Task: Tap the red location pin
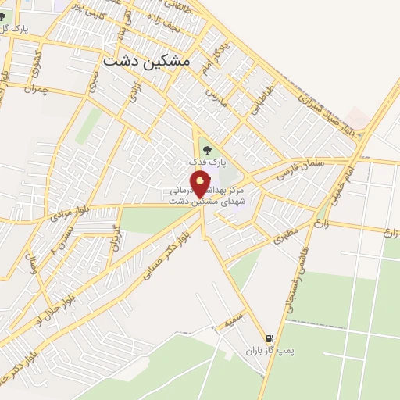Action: click(200, 184)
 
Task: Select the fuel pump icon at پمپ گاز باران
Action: click(270, 338)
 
